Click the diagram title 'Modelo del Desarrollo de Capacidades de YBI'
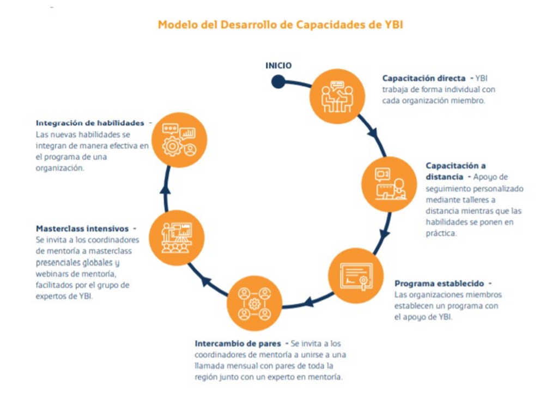tap(280, 25)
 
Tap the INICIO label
tap(278, 65)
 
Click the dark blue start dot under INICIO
tap(278, 82)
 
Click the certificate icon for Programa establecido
tap(356, 275)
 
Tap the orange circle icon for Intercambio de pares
tap(254, 303)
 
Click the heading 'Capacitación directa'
tap(424, 78)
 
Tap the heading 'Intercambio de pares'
tap(238, 343)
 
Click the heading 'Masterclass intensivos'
tap(82, 228)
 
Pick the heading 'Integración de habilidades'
tap(90, 123)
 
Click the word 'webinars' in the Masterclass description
tap(51, 273)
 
